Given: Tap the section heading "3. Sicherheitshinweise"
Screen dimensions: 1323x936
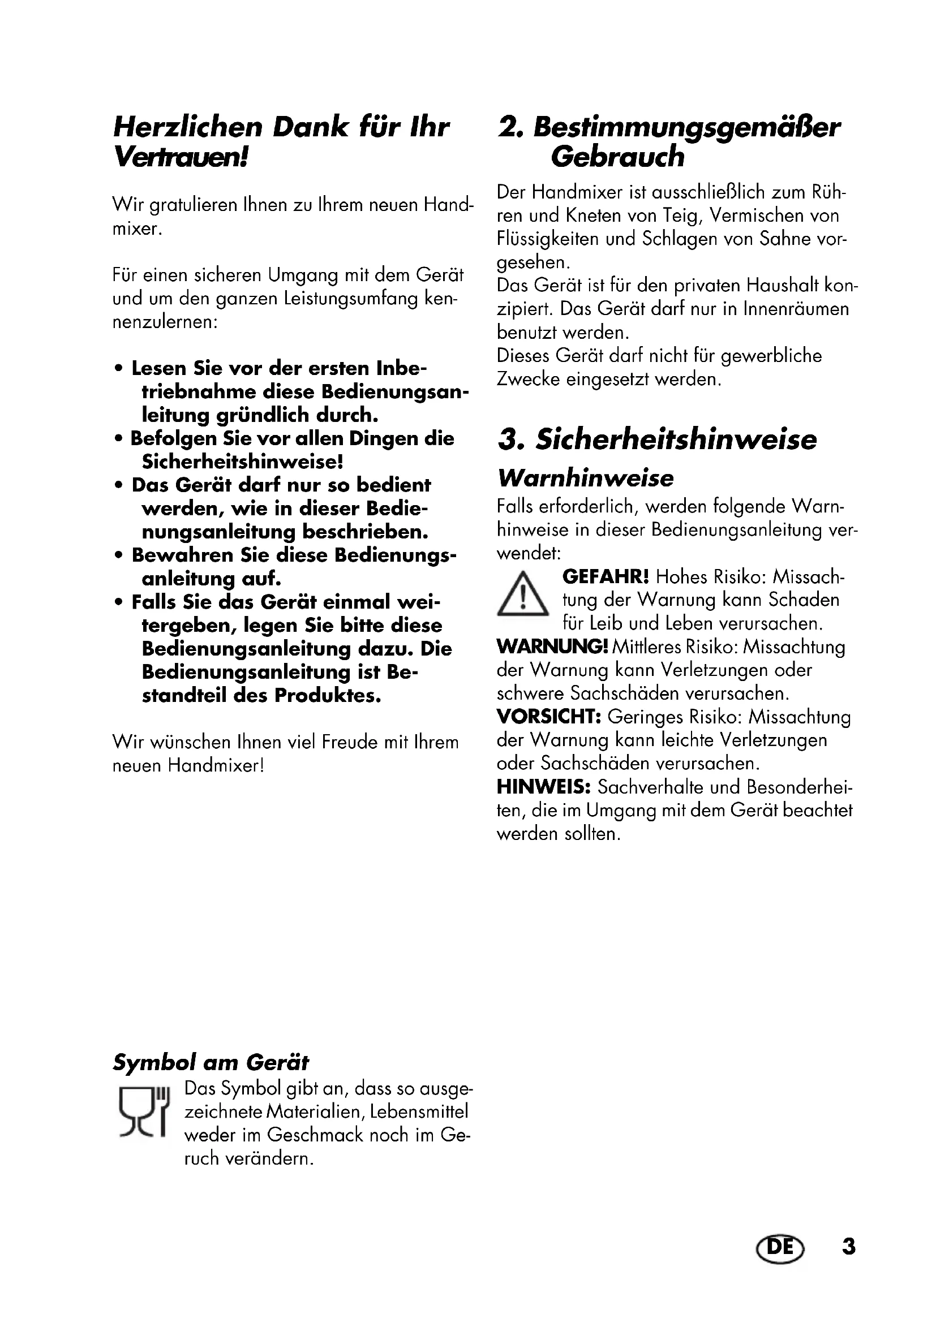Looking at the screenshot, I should pos(657,439).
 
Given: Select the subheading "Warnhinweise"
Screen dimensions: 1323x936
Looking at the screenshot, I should pos(586,479).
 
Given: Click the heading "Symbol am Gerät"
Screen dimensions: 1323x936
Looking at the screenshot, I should pos(211,1062).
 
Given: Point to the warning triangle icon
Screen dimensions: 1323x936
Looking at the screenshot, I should pos(522,594).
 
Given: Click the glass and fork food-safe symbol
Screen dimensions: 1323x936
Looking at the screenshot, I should pos(144,1111).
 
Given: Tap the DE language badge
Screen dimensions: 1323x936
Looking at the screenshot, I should pos(779,1247).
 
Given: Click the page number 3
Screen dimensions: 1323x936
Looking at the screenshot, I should pos(848,1247).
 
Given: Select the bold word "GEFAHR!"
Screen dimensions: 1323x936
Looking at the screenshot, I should pos(605,576).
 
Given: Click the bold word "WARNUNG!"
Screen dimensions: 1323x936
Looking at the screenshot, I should pos(552,647).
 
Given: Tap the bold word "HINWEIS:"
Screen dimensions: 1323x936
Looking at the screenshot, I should pos(543,787).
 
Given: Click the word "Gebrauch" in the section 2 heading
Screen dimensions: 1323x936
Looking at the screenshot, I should pos(617,157).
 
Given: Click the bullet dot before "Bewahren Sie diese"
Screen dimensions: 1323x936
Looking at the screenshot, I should pos(119,556).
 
